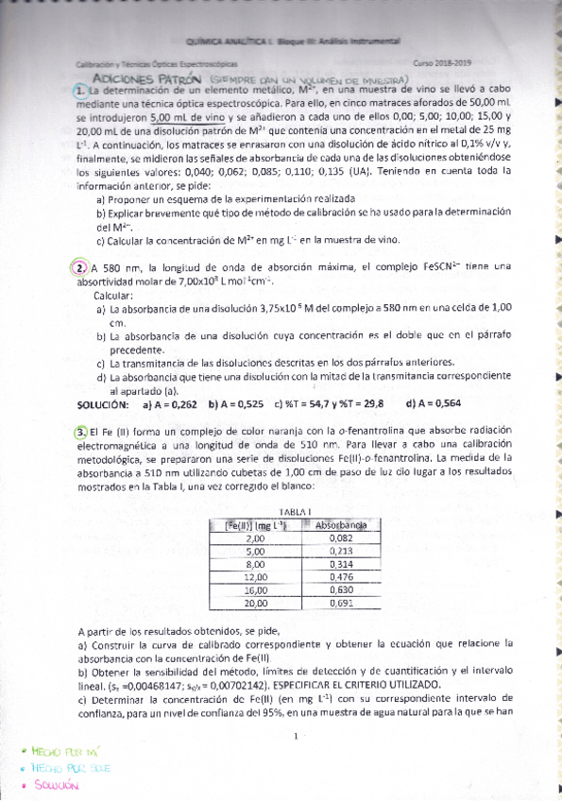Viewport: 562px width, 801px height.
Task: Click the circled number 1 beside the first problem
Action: coord(79,90)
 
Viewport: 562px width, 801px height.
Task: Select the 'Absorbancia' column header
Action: coord(341,524)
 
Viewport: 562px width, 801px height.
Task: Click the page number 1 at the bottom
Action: coord(296,737)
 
